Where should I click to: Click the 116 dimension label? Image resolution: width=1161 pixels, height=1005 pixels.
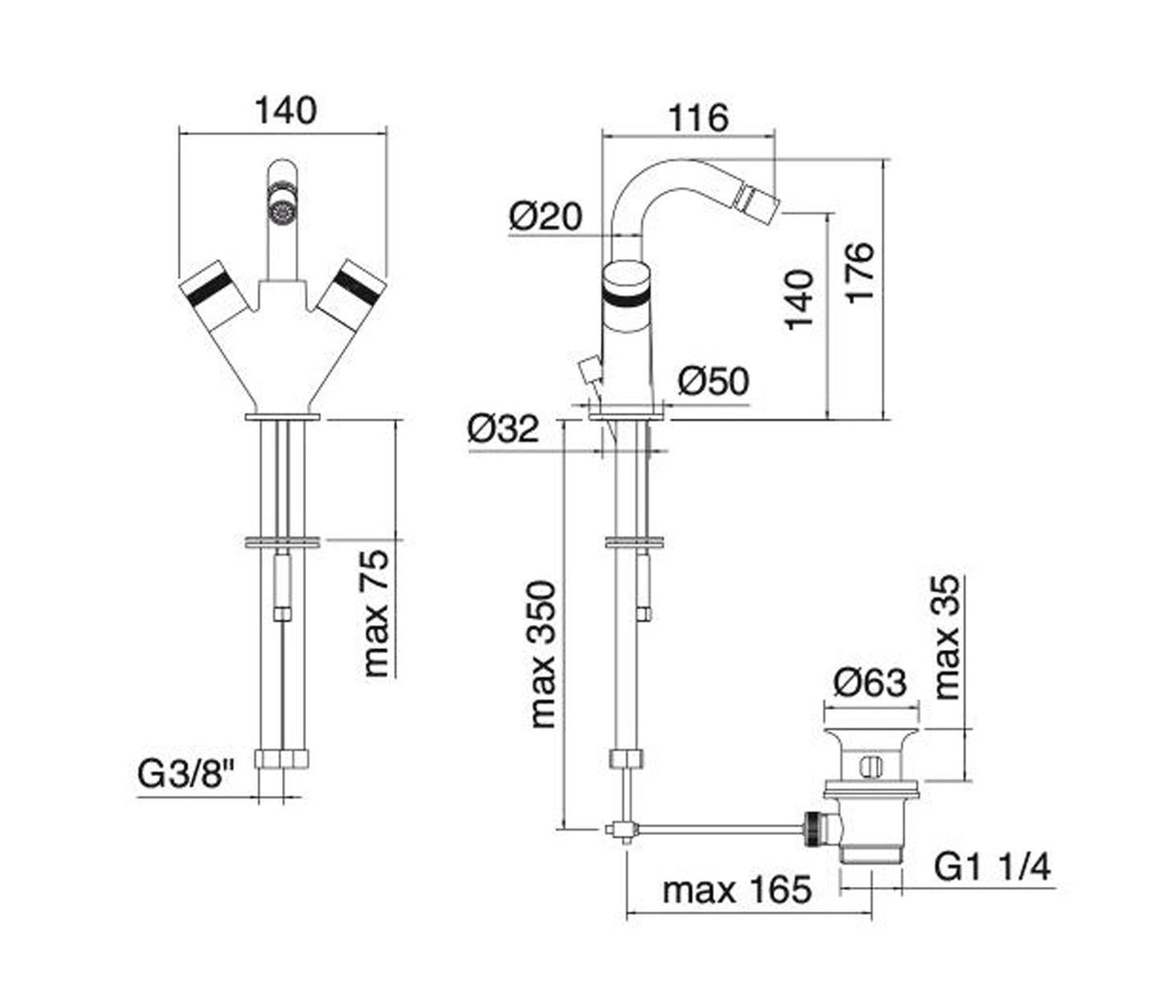click(x=698, y=118)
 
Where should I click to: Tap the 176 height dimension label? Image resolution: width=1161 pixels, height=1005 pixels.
click(x=860, y=274)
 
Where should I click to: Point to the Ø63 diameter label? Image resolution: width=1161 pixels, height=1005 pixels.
click(x=870, y=682)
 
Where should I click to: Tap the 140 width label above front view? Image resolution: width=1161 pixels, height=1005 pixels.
click(x=285, y=111)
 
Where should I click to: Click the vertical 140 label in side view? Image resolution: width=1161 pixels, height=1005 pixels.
click(x=799, y=300)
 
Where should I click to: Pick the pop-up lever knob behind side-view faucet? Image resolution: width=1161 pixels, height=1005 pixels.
click(x=589, y=370)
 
